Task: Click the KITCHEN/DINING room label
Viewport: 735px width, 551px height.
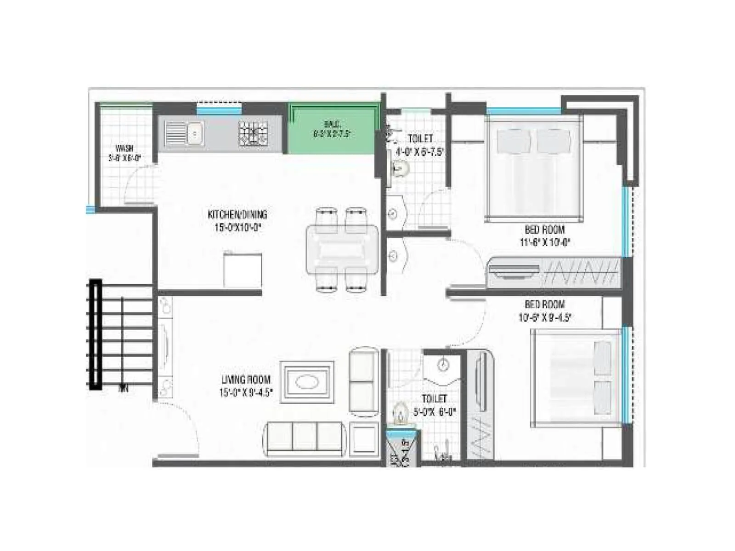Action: (x=237, y=214)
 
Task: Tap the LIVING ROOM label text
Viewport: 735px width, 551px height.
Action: (x=246, y=380)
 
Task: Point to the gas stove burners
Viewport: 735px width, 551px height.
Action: (x=253, y=134)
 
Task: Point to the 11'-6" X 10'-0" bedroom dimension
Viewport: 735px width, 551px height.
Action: (x=544, y=242)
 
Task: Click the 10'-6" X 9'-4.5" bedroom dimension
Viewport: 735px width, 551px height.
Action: (x=544, y=317)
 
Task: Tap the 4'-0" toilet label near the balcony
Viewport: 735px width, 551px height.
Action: (x=420, y=152)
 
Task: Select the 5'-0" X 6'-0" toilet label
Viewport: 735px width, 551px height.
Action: (x=434, y=412)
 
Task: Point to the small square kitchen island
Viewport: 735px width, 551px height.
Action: (x=243, y=270)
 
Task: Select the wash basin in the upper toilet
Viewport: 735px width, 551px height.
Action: (x=399, y=169)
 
